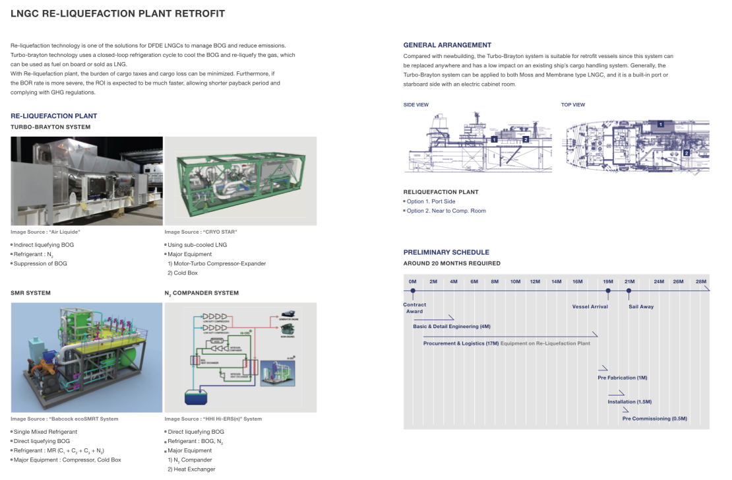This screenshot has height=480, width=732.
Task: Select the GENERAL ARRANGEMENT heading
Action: point(447,45)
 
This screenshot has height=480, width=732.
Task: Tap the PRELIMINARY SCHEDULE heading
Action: point(446,252)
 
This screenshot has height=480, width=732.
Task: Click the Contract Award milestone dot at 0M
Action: point(413,291)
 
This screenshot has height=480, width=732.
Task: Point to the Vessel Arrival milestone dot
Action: point(608,291)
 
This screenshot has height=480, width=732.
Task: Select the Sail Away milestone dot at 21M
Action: point(629,291)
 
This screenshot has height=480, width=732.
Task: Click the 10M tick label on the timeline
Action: point(515,282)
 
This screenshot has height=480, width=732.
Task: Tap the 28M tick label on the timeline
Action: point(700,282)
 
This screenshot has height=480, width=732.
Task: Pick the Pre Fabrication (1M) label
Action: point(622,378)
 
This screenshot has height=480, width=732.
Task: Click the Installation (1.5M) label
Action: point(629,401)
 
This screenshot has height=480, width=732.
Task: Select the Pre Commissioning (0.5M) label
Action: point(654,419)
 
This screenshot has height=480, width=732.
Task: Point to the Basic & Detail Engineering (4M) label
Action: point(452,326)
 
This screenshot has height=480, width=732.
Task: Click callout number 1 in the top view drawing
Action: point(660,124)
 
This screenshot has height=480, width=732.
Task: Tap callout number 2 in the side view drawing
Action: point(526,139)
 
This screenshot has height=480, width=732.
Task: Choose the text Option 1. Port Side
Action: point(431,201)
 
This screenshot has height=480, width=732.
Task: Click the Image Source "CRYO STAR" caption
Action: point(200,232)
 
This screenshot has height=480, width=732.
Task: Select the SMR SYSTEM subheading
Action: point(30,292)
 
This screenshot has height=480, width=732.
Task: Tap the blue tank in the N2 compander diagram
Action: point(197,397)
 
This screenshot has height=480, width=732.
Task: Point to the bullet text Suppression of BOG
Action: point(40,263)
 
